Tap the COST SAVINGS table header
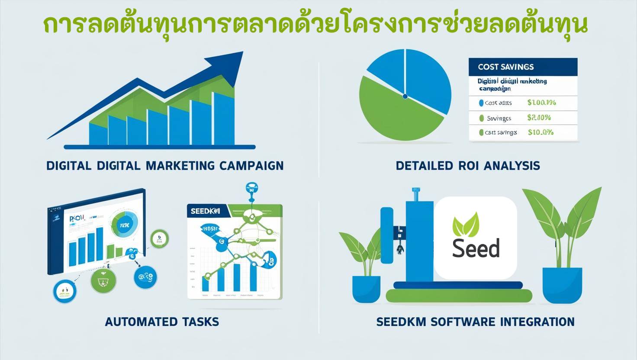pyautogui.click(x=505, y=67)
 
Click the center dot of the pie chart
pyautogui.click(x=405, y=96)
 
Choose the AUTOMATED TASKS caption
pyautogui.click(x=162, y=322)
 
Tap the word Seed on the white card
pyautogui.click(x=476, y=248)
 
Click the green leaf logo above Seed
pyautogui.click(x=466, y=225)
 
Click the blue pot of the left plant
pyautogui.click(x=366, y=289)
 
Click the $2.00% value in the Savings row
pyautogui.click(x=539, y=118)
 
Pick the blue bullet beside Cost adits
pyautogui.click(x=481, y=103)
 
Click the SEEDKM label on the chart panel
pyautogui.click(x=205, y=211)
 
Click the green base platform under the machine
pyautogui.click(x=459, y=296)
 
